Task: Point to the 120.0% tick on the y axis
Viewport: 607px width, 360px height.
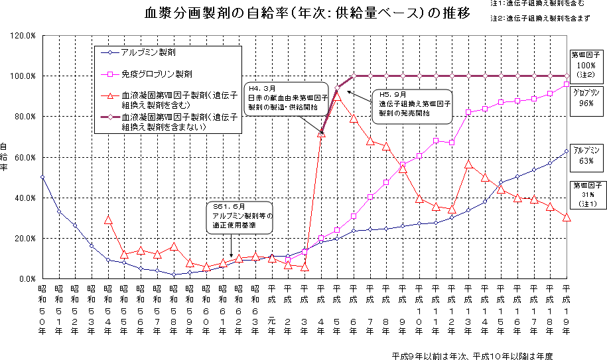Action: tap(23, 35)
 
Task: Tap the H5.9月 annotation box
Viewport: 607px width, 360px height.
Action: tap(411, 104)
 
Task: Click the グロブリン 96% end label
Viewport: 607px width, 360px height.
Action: tap(586, 97)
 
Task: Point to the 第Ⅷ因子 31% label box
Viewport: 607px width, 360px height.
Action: tap(586, 194)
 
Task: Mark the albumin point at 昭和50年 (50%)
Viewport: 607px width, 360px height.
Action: tap(42, 177)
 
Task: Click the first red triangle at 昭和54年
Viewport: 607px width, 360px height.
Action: tap(108, 219)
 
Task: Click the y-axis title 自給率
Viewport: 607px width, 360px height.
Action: tap(6, 157)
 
